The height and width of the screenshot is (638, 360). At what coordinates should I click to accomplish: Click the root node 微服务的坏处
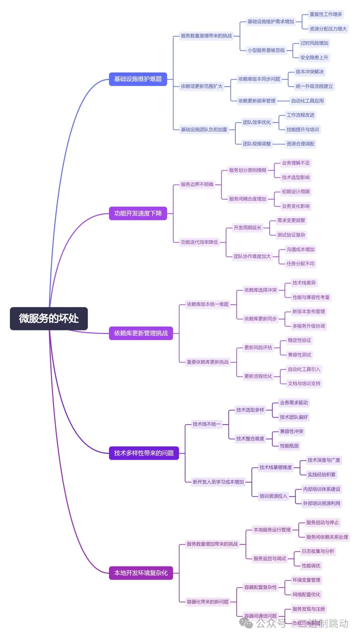49,318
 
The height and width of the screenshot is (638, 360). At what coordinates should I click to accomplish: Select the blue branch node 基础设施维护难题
138,79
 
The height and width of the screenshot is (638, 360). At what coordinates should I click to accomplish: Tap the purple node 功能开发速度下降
138,213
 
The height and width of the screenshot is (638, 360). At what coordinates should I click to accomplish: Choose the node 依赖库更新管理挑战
141,333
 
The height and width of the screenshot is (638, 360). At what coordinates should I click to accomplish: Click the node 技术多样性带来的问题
144,453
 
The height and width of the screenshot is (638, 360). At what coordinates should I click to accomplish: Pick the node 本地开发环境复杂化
141,573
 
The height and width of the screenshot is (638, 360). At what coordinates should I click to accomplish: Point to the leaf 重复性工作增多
326,14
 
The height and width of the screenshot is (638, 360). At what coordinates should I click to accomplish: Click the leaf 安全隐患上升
314,57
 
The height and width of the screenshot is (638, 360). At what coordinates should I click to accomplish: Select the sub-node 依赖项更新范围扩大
201,86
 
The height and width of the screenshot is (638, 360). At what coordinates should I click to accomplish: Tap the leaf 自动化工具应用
307,101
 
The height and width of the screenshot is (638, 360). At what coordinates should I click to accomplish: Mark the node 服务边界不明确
197,184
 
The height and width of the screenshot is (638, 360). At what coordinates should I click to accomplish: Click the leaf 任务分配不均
300,263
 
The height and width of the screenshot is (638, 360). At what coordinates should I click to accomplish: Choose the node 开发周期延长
247,228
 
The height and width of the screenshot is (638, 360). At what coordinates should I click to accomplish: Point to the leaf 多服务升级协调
309,326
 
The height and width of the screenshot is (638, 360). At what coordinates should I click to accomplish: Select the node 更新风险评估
258,347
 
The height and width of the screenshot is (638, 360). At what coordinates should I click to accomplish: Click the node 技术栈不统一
206,424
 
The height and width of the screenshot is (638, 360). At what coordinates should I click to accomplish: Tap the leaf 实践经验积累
321,474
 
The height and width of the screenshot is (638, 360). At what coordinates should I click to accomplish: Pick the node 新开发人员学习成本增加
218,482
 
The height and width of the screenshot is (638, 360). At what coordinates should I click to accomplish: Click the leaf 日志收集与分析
318,551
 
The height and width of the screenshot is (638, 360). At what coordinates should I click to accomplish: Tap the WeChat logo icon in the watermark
246,623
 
